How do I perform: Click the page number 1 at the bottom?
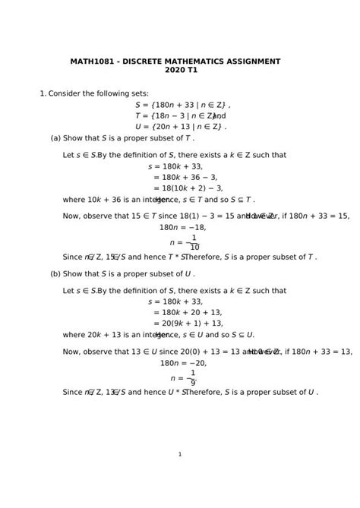(x=180, y=454)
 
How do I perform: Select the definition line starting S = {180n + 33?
(x=182, y=105)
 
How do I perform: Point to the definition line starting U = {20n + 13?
(x=181, y=127)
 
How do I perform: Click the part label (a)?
(x=55, y=138)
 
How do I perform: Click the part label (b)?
(x=55, y=273)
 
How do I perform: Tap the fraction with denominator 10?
(x=194, y=242)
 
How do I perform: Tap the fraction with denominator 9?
(x=193, y=377)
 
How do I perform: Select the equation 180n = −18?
(x=182, y=227)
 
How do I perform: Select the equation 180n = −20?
(x=183, y=363)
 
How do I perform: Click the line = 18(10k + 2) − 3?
(x=188, y=188)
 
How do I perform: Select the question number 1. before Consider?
(x=43, y=94)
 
